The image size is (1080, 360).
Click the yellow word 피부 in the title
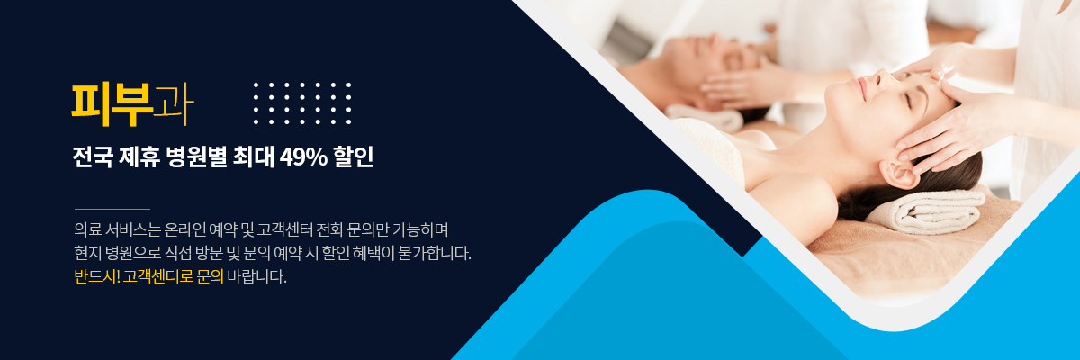click(x=112, y=105)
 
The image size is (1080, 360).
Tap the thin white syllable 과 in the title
click(x=173, y=105)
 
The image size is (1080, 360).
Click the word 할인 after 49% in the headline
click(x=354, y=157)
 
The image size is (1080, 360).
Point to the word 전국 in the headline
click(x=93, y=157)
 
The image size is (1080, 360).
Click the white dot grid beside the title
click(x=302, y=103)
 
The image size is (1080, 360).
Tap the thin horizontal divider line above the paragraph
click(x=112, y=209)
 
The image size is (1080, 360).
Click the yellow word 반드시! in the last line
click(x=97, y=276)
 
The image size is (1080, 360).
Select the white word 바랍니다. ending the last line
click(x=256, y=276)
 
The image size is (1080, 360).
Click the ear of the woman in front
click(x=898, y=175)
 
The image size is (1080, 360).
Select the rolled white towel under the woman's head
click(x=926, y=211)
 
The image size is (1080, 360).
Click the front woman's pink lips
click(x=858, y=87)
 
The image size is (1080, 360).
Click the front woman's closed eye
click(x=908, y=101)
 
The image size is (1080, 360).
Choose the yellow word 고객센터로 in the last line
click(x=158, y=276)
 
